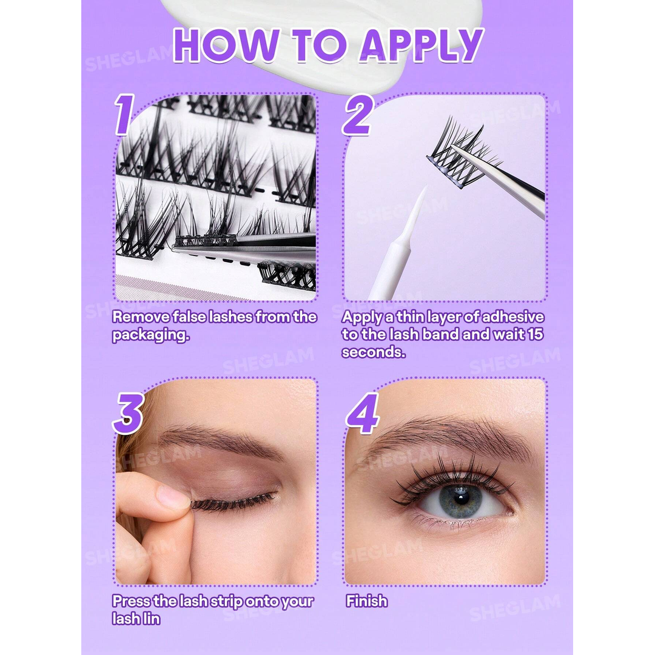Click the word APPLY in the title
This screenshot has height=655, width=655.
pyautogui.click(x=422, y=45)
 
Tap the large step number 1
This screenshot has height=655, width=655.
pyautogui.click(x=124, y=114)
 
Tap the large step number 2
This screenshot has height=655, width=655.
pyautogui.click(x=358, y=114)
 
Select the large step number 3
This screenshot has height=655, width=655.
pyautogui.click(x=128, y=413)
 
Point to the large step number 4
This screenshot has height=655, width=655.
pyautogui.click(x=363, y=413)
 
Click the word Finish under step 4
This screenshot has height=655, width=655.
pyautogui.click(x=366, y=601)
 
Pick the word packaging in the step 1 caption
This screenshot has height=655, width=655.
pyautogui.click(x=150, y=335)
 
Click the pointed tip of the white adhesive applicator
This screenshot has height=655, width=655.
pyautogui.click(x=426, y=187)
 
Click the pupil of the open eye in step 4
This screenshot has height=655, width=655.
pyautogui.click(x=460, y=499)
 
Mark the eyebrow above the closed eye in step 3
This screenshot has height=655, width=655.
pyautogui.click(x=217, y=442)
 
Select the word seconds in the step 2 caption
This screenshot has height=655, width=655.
pyautogui.click(x=374, y=352)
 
